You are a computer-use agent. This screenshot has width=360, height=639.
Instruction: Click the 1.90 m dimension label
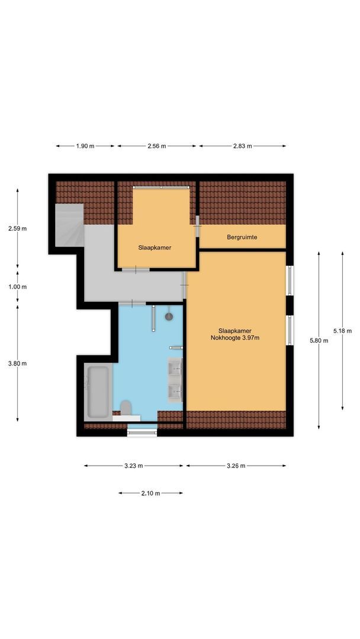[x=85, y=146]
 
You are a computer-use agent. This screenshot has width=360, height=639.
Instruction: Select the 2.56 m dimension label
[x=157, y=146]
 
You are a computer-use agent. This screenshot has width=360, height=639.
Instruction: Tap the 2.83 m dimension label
[x=242, y=146]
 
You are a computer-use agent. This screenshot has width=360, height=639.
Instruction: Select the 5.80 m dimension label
[x=319, y=340]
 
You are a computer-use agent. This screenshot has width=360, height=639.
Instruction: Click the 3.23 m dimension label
[x=134, y=466]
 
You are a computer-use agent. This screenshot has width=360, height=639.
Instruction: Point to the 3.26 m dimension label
[x=236, y=466]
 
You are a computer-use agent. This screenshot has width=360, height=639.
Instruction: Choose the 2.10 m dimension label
[x=150, y=493]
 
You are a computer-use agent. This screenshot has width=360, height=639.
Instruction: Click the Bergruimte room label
[x=242, y=237]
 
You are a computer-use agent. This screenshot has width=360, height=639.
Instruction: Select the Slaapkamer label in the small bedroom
[x=155, y=248]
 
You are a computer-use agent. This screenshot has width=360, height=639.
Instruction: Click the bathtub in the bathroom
[x=98, y=390]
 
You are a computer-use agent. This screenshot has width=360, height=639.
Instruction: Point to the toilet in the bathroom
[x=126, y=408]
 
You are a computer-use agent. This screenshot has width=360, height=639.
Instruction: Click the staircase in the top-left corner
[x=69, y=225]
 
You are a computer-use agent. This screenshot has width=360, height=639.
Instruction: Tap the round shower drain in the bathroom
[x=169, y=317]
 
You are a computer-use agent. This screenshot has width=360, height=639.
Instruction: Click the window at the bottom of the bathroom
[x=142, y=433]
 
